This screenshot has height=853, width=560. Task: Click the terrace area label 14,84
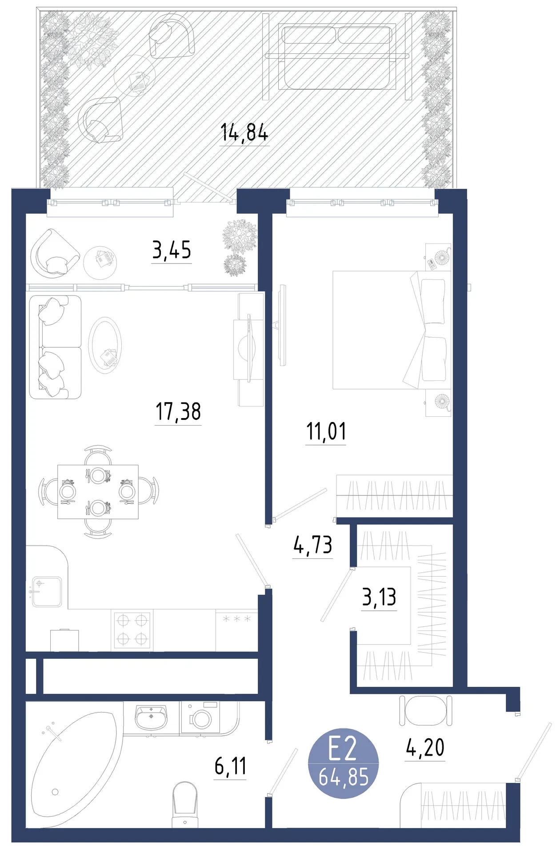[x=244, y=133]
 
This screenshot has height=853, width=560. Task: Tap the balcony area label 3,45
[x=172, y=250]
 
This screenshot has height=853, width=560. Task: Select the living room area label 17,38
[x=178, y=411]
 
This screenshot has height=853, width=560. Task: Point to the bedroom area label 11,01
[x=326, y=431]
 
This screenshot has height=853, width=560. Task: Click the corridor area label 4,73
[x=313, y=545]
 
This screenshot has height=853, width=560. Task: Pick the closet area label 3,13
[x=379, y=597]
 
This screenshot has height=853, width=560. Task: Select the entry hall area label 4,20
[x=425, y=748]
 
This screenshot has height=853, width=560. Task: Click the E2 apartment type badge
[x=344, y=763]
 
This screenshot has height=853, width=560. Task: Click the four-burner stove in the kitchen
[x=132, y=630]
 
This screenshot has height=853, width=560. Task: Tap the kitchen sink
[x=46, y=591]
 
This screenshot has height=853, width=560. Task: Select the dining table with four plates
[x=98, y=492]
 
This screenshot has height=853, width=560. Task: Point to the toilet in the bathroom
[x=184, y=805]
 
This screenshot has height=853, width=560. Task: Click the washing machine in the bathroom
[x=200, y=717]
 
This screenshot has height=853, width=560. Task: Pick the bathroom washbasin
[x=151, y=717]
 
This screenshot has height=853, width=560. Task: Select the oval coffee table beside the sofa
[x=105, y=345]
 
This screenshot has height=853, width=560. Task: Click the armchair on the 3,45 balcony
[x=54, y=253]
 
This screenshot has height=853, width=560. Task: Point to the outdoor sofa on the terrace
[x=337, y=56]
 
